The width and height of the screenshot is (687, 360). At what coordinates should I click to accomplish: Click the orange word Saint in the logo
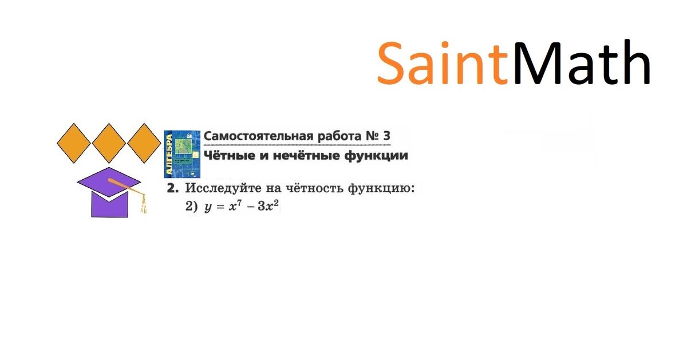point(442,63)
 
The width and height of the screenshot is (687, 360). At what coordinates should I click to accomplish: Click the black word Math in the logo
point(582,63)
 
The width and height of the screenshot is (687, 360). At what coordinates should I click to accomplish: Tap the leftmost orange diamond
point(74,143)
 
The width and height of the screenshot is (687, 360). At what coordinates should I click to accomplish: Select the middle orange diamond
point(109,143)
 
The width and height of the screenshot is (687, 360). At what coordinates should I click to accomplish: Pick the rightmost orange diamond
point(144,143)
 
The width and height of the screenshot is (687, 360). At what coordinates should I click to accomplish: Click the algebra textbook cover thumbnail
point(183,154)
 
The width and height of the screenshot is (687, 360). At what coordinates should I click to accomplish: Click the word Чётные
point(226,156)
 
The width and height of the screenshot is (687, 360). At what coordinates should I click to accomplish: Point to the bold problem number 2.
point(171,188)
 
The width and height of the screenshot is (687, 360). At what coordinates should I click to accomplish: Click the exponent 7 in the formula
point(235,203)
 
